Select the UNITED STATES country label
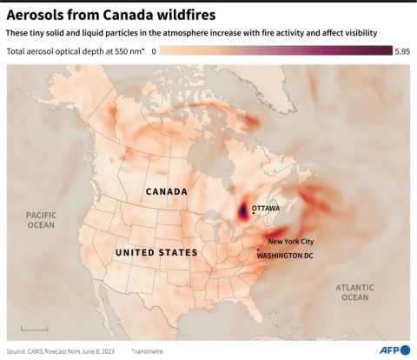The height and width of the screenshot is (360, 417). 156,252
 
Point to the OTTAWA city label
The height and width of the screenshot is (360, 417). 265,209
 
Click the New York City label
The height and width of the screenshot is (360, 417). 291,241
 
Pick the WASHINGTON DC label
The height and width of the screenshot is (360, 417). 287,255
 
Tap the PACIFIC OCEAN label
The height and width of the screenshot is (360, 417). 41,219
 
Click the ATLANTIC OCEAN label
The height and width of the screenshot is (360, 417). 354,292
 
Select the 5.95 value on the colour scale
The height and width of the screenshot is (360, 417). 401,52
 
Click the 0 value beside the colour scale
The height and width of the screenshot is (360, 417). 154,52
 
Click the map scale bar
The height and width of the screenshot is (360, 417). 34,328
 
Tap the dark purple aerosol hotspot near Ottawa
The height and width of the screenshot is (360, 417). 242,212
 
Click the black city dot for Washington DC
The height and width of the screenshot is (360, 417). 258,250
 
